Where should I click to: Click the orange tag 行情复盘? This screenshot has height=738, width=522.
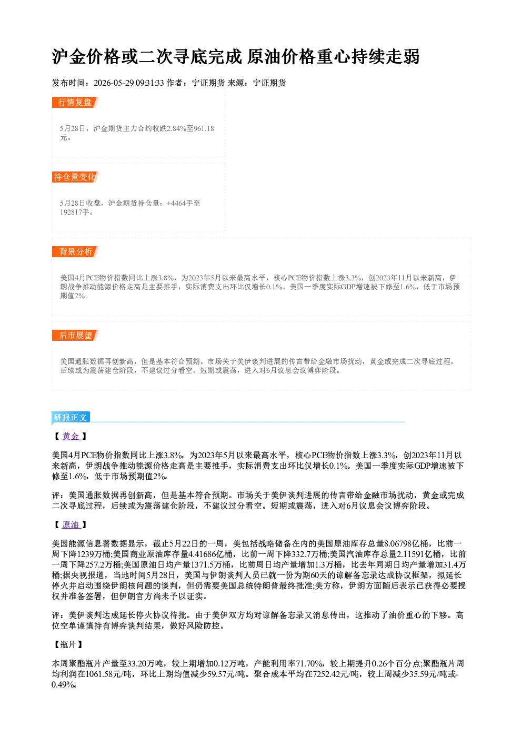(x=75, y=102)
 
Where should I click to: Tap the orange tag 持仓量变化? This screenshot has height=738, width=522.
(x=75, y=177)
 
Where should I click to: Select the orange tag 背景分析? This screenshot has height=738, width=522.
(x=75, y=252)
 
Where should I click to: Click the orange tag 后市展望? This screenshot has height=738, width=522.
(x=75, y=336)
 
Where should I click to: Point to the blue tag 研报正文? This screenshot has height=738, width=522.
(x=71, y=418)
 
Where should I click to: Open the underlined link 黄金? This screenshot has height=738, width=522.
(x=71, y=436)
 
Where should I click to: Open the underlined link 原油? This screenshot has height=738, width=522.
(x=71, y=524)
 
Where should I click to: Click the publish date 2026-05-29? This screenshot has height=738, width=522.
(x=114, y=83)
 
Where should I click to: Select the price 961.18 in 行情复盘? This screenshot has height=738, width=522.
(x=204, y=128)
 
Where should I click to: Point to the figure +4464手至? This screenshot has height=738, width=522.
(x=183, y=203)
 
